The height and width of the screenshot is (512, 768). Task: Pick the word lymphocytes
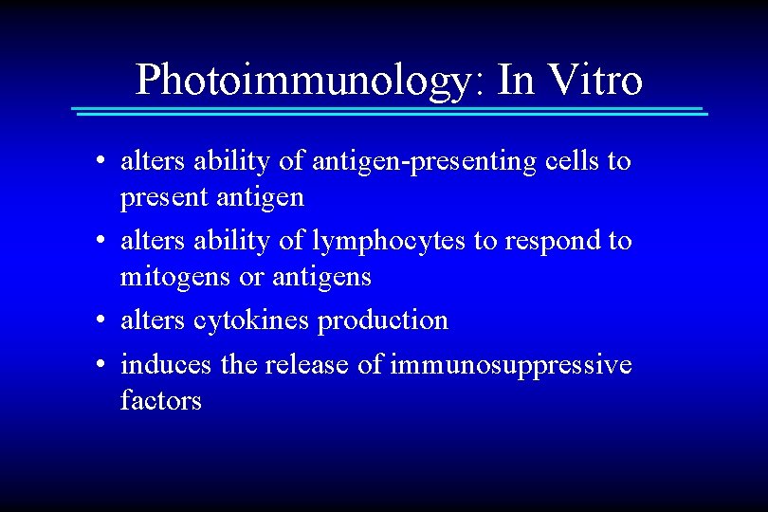[387, 241]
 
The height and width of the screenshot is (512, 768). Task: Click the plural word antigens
[321, 278]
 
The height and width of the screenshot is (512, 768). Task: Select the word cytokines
[251, 320]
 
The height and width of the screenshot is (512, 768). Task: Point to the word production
[383, 320]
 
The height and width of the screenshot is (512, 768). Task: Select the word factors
[161, 400]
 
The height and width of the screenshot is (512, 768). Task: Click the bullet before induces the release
[100, 365]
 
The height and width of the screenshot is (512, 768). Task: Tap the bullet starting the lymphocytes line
[100, 243]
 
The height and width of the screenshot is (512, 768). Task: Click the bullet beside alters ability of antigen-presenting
[100, 163]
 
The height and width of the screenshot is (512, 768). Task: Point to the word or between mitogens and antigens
[253, 278]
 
